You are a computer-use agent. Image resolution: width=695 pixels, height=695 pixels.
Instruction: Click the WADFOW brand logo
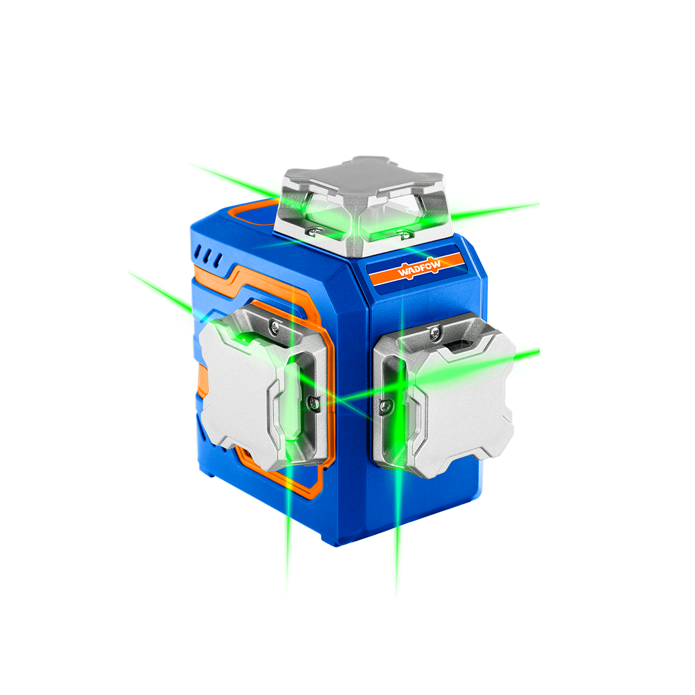click(x=419, y=268)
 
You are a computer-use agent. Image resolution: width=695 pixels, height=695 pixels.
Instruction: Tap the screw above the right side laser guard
click(x=434, y=332)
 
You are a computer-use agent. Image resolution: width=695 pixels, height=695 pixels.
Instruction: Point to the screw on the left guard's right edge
click(x=313, y=402)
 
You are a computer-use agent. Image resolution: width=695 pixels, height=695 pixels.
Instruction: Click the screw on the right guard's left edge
click(x=387, y=405)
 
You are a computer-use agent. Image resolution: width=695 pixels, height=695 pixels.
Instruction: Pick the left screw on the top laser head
click(x=317, y=230)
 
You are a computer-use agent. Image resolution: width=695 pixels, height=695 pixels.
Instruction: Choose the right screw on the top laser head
click(x=403, y=233)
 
